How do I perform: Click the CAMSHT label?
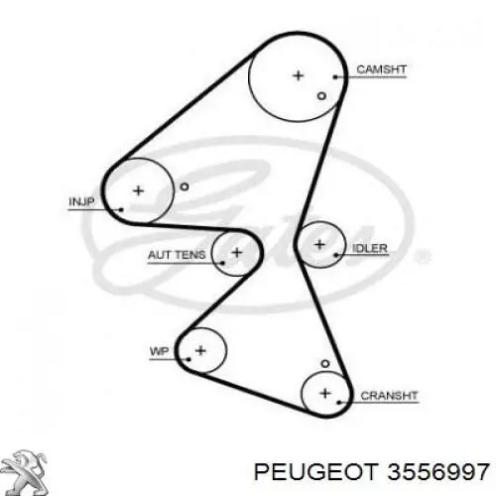pyautogui.click(x=381, y=69)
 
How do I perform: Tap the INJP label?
pyautogui.click(x=81, y=201)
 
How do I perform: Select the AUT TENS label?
pyautogui.click(x=177, y=255)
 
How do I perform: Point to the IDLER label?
pyautogui.click(x=370, y=248)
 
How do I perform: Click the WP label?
pyautogui.click(x=159, y=351)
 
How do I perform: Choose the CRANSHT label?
pyautogui.click(x=389, y=396)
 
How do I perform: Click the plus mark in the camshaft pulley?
pyautogui.click(x=299, y=75)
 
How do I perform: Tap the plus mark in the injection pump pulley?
pyautogui.click(x=138, y=190)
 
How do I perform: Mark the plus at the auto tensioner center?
pyautogui.click(x=237, y=253)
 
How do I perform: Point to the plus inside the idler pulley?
pyautogui.click(x=319, y=245)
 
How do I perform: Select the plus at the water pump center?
pyautogui.click(x=200, y=350)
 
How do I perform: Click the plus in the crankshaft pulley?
pyautogui.click(x=325, y=393)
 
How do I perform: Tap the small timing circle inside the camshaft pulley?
pyautogui.click(x=321, y=96)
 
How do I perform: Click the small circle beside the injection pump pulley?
pyautogui.click(x=185, y=186)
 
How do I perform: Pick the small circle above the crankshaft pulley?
pyautogui.click(x=325, y=364)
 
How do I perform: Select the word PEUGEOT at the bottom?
pyautogui.click(x=316, y=471)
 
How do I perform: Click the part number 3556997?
pyautogui.click(x=438, y=471)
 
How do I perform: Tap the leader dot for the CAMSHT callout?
pyautogui.click(x=335, y=77)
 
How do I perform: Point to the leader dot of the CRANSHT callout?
pyautogui.click(x=339, y=403)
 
